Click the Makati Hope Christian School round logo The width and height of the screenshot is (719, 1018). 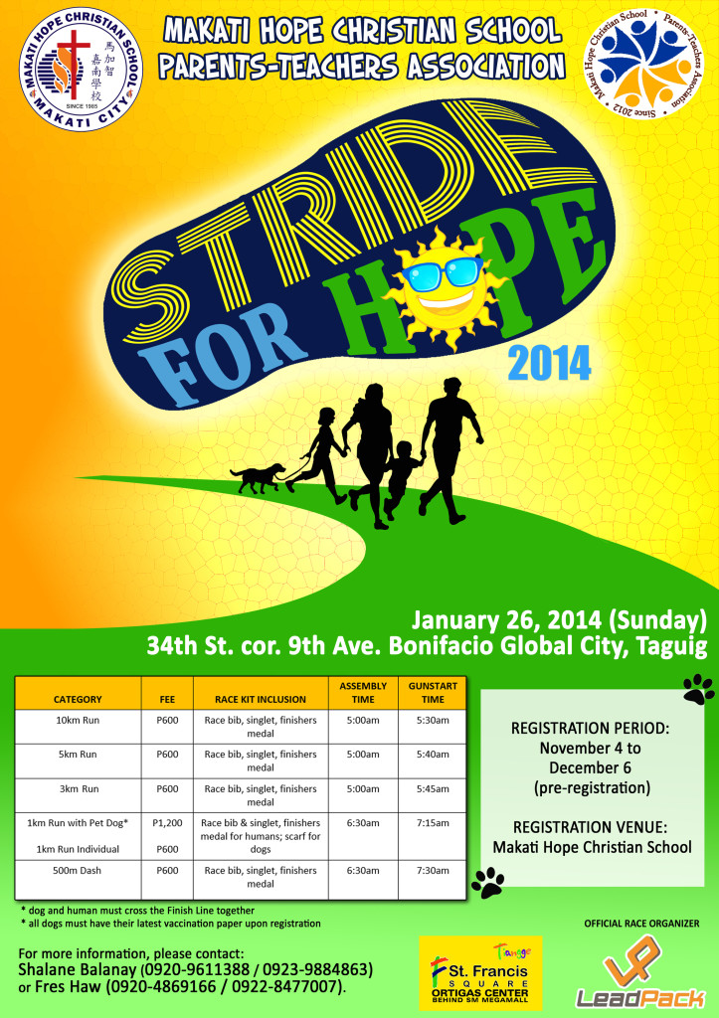[82, 69]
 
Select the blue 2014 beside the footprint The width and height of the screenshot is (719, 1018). [550, 364]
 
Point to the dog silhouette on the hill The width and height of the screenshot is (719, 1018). [258, 478]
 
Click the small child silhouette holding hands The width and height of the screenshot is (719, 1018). [401, 478]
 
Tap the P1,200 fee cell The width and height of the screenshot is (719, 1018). [168, 822]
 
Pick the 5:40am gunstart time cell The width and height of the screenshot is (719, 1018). [433, 755]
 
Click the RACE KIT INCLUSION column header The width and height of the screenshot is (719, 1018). [261, 699]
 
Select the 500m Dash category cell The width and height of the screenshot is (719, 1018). [78, 870]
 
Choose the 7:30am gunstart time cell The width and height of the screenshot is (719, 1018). [433, 870]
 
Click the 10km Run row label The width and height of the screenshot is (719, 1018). [78, 720]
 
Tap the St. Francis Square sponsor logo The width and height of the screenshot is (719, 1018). [480, 972]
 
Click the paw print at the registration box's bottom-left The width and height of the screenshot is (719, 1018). [488, 883]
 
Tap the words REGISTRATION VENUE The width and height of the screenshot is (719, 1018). [591, 827]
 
